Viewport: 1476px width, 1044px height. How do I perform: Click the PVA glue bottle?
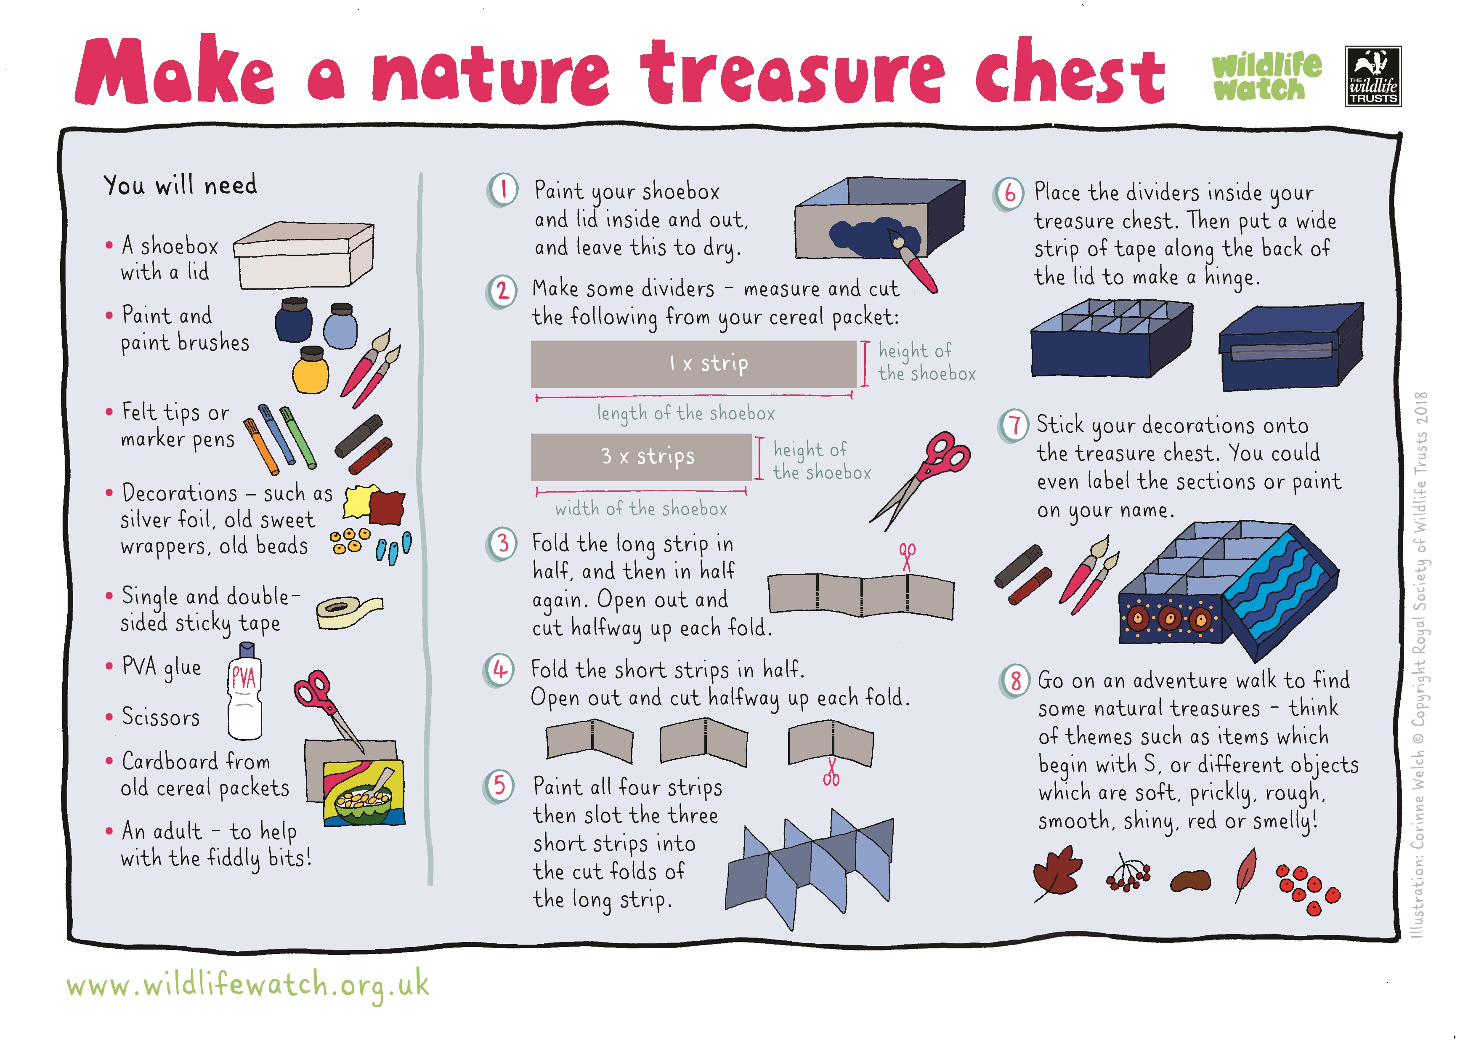[244, 698]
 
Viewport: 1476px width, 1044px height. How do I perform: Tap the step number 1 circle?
[503, 190]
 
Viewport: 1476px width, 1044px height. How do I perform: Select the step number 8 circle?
[1015, 681]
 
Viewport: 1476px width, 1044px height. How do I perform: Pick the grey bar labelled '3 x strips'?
[641, 457]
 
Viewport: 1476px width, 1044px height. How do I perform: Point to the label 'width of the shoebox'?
[641, 509]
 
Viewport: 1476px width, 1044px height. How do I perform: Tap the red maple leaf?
[1057, 873]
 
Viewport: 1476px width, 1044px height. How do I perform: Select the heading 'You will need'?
[180, 185]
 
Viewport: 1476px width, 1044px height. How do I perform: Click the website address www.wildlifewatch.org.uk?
[247, 985]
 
